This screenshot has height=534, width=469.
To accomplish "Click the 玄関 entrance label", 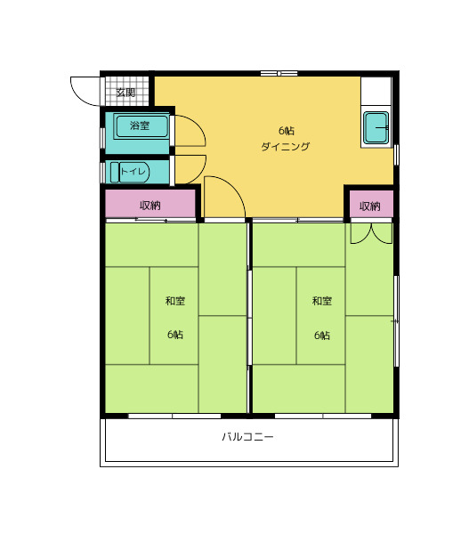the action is point(125,93).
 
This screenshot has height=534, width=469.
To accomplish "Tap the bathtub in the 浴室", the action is point(142,126).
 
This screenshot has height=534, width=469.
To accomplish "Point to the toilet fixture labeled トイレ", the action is point(130,172).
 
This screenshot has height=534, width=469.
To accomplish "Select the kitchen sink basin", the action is point(376,128).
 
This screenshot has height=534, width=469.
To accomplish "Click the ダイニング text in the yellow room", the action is point(286,147).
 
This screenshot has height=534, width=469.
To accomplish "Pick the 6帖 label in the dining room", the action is point(287,131).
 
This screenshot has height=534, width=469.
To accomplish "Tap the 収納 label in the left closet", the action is point(150,206).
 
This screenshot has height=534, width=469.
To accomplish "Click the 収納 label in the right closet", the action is point(370,206).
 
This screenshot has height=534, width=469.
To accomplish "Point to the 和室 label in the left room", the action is point(175,301).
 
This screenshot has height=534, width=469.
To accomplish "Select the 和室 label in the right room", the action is point(322,301).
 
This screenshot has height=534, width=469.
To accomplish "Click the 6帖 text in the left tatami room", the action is point(175,335).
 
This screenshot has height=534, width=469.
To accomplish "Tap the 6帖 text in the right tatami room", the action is point(322,336).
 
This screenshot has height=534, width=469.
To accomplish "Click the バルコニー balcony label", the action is point(247,437).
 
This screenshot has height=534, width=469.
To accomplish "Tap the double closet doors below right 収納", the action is point(371,233).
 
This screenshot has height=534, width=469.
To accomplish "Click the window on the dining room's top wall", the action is point(279,73).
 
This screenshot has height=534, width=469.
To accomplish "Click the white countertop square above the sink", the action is point(376,91).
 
